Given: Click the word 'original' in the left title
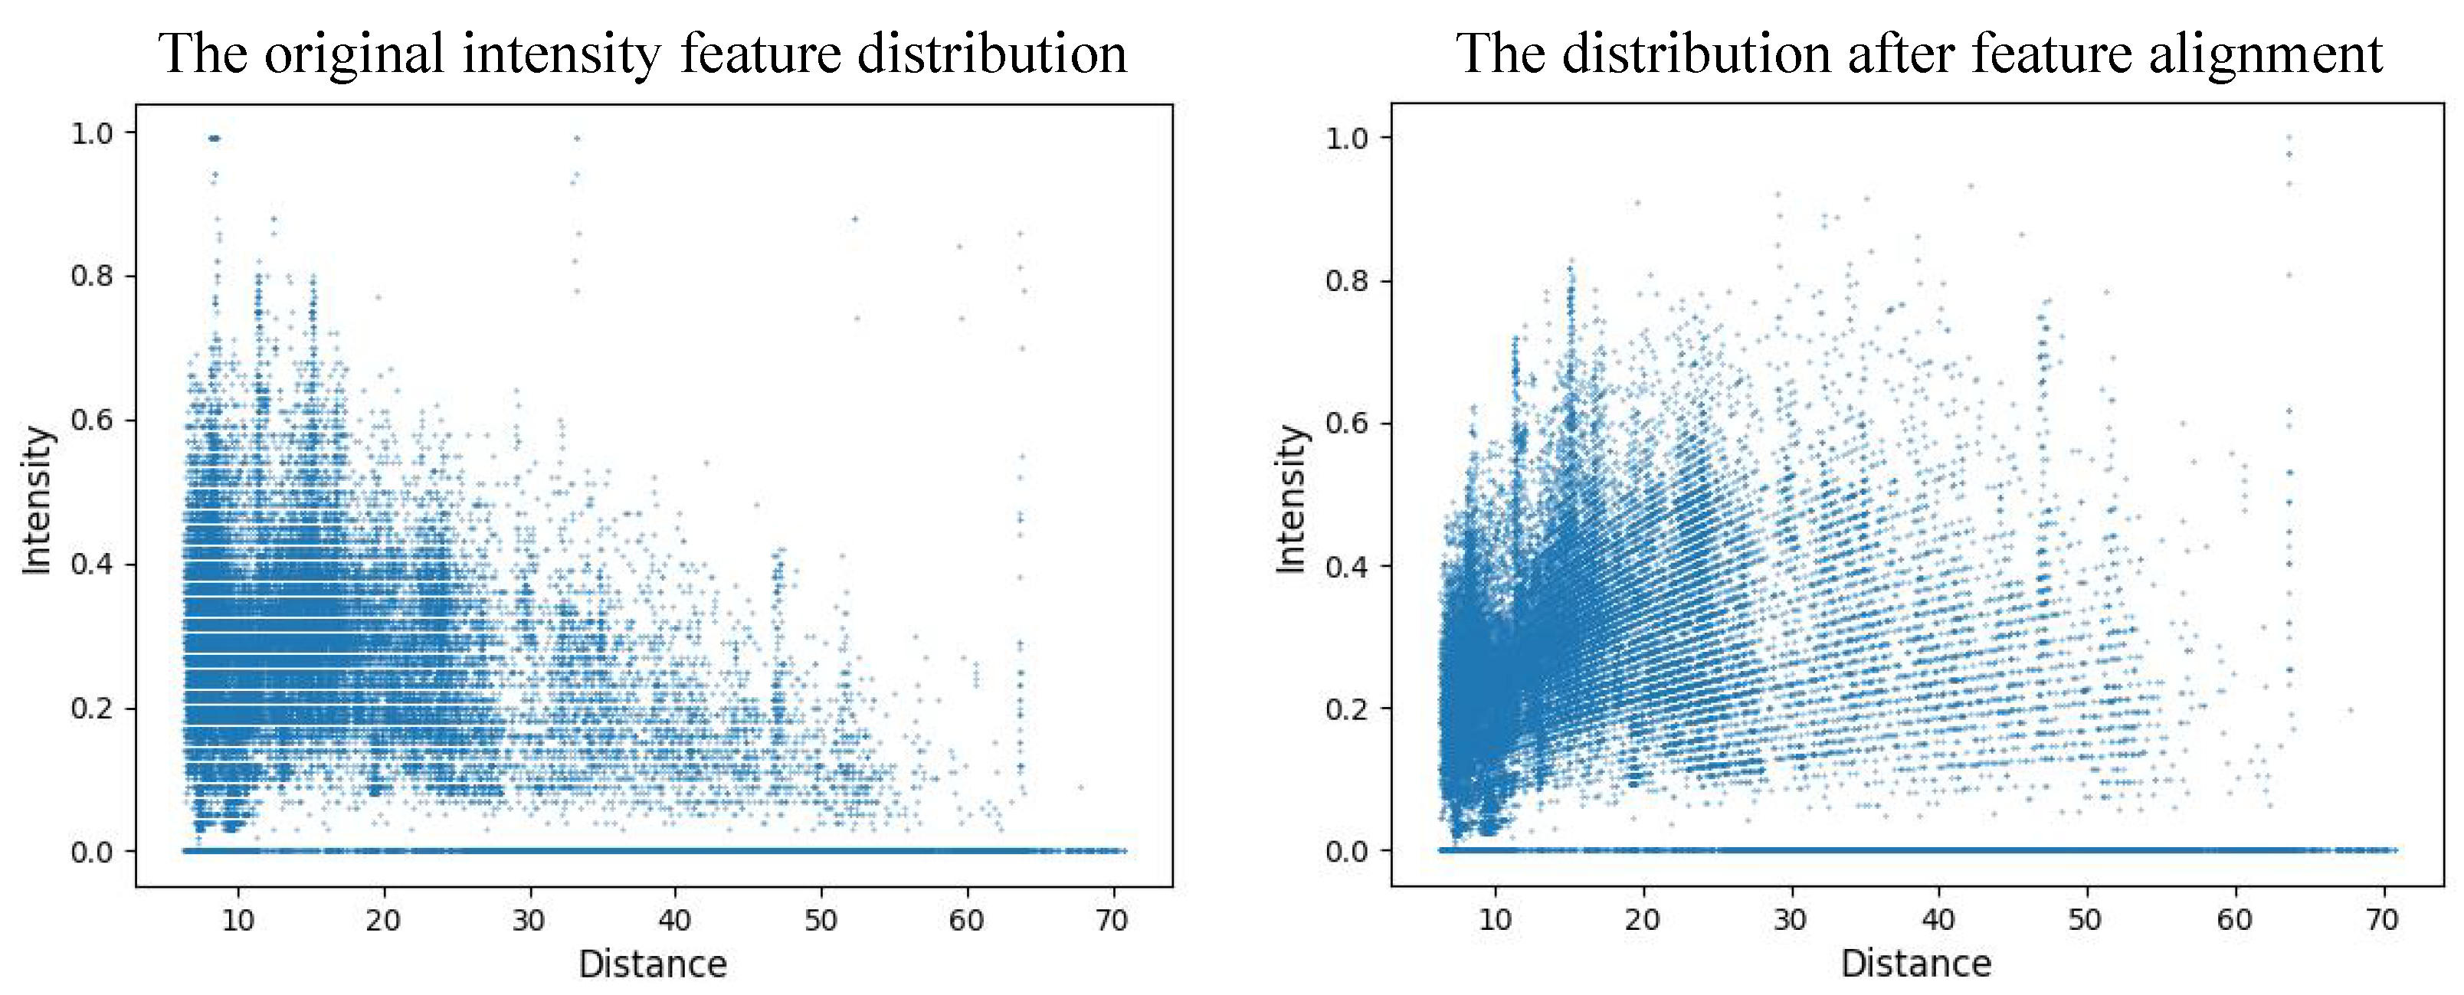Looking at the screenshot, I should (353, 54).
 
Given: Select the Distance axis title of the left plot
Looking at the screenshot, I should (652, 964).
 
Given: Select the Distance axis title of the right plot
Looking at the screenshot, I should (1916, 964).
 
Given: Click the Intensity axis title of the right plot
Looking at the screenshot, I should (1291, 499).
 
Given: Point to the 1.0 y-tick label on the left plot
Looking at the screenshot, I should (91, 133).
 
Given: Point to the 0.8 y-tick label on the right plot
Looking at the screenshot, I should (1346, 280).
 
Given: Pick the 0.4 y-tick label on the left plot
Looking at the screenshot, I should (91, 564).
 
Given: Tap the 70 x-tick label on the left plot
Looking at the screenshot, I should (1112, 921).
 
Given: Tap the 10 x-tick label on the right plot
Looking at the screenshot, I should (1495, 921).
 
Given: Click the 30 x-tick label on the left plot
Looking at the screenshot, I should (528, 921).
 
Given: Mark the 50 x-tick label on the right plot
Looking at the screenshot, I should (2086, 921).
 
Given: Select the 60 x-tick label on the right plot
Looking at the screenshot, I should (2234, 921).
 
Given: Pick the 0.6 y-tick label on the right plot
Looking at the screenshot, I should (1346, 424).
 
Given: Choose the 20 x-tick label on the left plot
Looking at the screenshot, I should (382, 921).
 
